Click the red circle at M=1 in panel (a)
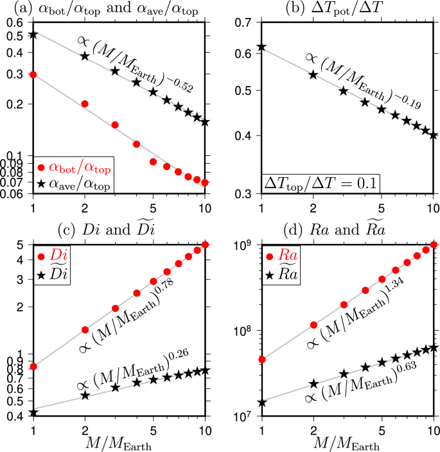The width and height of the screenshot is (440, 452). click(33, 74)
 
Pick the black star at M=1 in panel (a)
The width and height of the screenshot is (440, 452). click(33, 34)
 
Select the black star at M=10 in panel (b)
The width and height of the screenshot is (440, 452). click(434, 135)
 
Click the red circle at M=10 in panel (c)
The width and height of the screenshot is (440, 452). click(205, 245)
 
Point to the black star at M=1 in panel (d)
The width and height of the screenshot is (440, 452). click(262, 403)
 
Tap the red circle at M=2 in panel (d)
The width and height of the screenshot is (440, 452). click(314, 325)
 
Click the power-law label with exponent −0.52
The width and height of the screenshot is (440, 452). click(136, 64)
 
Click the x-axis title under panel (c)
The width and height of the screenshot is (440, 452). click(118, 443)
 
